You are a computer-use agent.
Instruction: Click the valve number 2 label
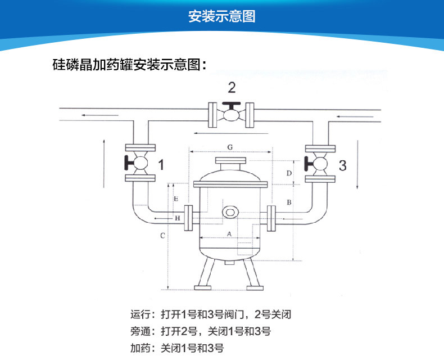pyautogui.click(x=232, y=88)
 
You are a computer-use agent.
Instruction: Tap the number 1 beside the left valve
pyautogui.click(x=161, y=165)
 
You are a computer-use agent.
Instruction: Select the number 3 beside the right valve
pyautogui.click(x=343, y=165)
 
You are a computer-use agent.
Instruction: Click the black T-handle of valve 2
pyautogui.click(x=232, y=106)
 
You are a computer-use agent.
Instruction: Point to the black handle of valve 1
pyautogui.click(x=129, y=163)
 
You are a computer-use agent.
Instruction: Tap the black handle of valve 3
pyautogui.click(x=309, y=164)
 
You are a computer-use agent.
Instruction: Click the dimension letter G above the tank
pyautogui.click(x=230, y=147)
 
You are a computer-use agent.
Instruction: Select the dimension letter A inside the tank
pyautogui.click(x=229, y=234)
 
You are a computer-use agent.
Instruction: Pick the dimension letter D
pyautogui.click(x=289, y=173)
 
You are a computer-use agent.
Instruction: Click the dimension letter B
pyautogui.click(x=289, y=202)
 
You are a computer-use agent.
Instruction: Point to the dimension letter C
pyautogui.click(x=162, y=236)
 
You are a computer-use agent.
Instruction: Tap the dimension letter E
pyautogui.click(x=176, y=199)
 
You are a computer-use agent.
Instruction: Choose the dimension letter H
pyautogui.click(x=177, y=218)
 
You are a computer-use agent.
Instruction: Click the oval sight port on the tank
pyautogui.click(x=230, y=212)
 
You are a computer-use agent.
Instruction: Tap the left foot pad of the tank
pyautogui.click(x=202, y=288)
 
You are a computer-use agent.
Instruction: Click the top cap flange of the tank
pyautogui.click(x=230, y=160)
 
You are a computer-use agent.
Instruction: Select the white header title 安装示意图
pyautogui.click(x=222, y=16)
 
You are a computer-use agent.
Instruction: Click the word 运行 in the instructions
pyautogui.click(x=139, y=314)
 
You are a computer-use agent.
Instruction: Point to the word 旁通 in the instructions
pyautogui.click(x=139, y=331)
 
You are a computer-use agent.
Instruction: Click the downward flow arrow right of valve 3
pyautogui.click(x=357, y=164)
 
